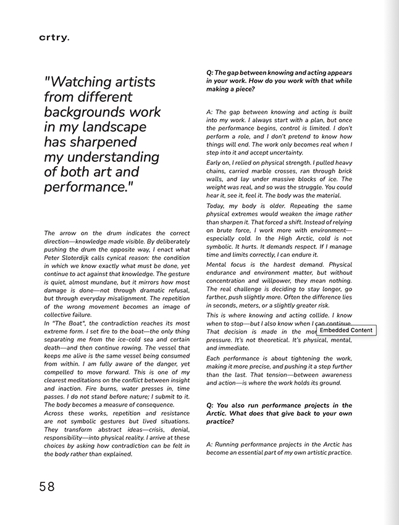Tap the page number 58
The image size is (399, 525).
[x=47, y=487]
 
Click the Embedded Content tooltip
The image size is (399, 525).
[x=346, y=330]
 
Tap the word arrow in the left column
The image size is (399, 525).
[x=67, y=233]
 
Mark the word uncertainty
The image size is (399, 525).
[x=282, y=153]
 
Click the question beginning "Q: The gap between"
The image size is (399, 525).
[x=279, y=80]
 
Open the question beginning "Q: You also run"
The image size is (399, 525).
[x=279, y=413]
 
